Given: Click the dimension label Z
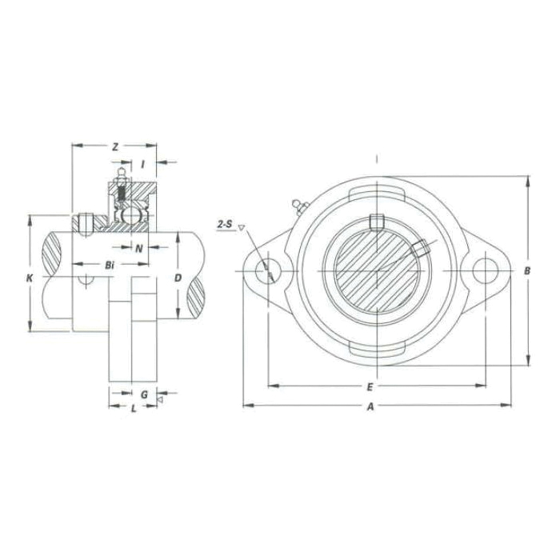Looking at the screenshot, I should [x=115, y=146].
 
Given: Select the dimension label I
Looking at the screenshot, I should [x=142, y=164].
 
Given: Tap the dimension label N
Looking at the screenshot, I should [x=138, y=248].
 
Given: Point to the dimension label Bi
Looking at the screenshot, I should [x=110, y=264].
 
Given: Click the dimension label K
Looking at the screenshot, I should [x=30, y=278].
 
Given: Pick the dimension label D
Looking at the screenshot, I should [x=178, y=278].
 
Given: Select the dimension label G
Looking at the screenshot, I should [x=144, y=394].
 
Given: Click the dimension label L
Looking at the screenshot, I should [x=133, y=408].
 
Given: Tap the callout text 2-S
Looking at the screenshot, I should [x=225, y=225].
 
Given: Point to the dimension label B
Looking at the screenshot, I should [x=527, y=271].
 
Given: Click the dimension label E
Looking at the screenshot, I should [x=370, y=386].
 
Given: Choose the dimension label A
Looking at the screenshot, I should [x=370, y=406].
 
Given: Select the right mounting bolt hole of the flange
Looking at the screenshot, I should [x=484, y=270].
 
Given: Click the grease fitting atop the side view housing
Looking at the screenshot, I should [x=120, y=174].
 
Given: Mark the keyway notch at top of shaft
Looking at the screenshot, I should [x=377, y=222].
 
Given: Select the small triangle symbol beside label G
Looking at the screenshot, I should [x=160, y=398].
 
